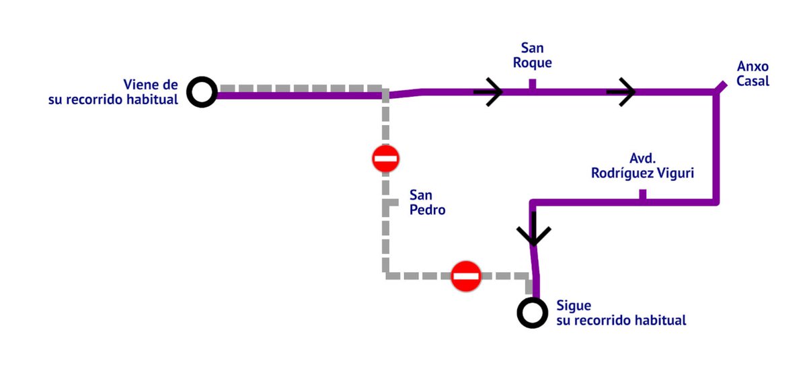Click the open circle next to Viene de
pos(202,92)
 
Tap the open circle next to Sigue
pos(531,313)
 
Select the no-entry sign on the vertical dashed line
pos(386,159)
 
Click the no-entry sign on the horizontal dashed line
pos(466,276)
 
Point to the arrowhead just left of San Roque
pos(490,92)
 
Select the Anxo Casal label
pos(753,74)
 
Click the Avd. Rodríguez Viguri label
pos(642,165)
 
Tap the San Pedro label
pos(428,202)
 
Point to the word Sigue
pos(574,306)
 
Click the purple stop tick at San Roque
pos(532,84)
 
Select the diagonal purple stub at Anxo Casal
pos(720,87)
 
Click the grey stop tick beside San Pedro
pos(391,202)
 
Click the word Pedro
pos(428,210)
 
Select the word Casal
pos(753,81)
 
